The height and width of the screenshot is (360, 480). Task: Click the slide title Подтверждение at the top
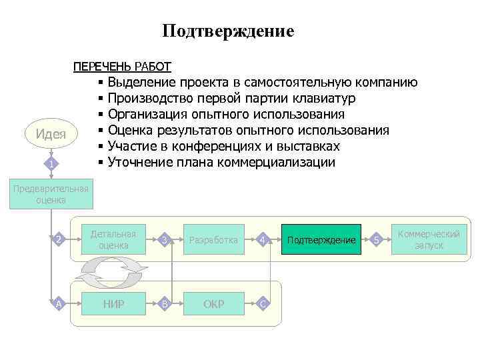[227, 31]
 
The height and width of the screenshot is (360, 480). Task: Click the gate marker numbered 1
[51, 164]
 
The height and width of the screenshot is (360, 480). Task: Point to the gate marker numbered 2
[59, 239]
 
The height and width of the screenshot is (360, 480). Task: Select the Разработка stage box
[213, 240]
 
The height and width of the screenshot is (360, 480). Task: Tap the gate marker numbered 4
[263, 239]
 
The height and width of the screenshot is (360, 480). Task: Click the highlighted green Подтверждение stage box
[321, 240]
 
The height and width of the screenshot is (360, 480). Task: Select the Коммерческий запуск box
[429, 240]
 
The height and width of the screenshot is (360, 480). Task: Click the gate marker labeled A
[59, 304]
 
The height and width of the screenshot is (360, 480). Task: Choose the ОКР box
[213, 304]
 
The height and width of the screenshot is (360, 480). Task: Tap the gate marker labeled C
[263, 304]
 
